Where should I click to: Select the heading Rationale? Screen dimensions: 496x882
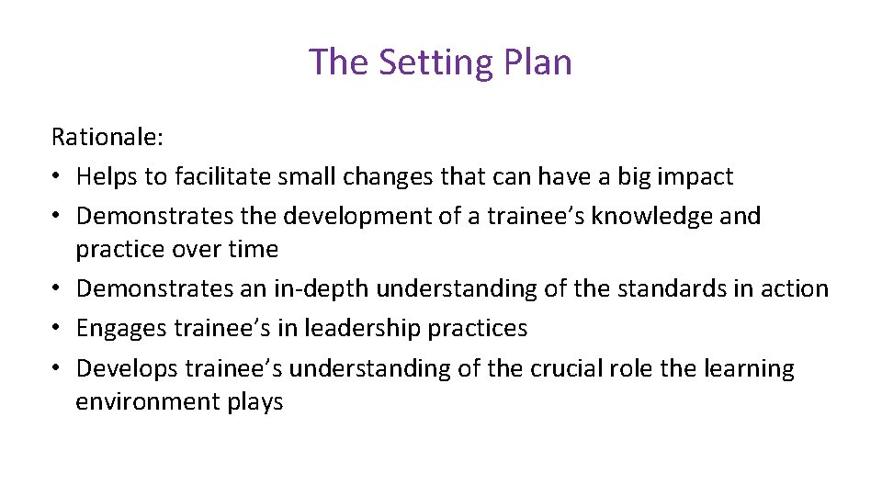coord(107,137)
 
